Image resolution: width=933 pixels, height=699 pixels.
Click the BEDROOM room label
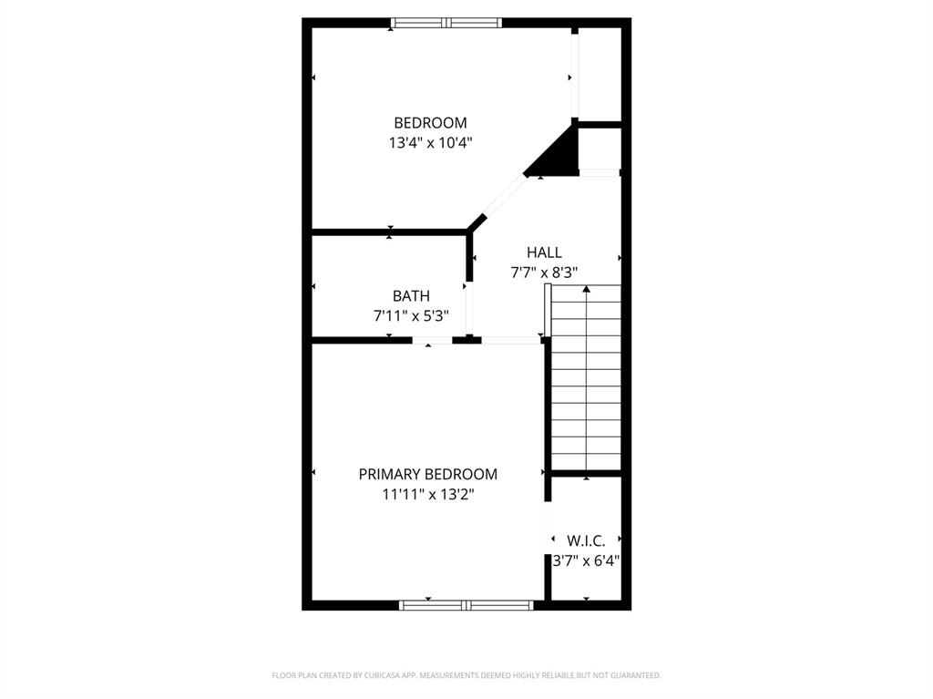(x=430, y=122)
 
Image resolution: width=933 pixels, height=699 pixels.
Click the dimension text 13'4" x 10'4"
(x=430, y=142)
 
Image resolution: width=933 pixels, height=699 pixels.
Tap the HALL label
(x=544, y=252)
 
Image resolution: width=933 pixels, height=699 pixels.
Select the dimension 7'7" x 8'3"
(x=544, y=272)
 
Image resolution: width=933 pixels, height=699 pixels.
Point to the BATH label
(x=411, y=296)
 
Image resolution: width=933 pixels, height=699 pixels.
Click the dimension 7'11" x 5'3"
(x=411, y=315)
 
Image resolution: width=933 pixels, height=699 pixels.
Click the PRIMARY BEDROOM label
(x=427, y=474)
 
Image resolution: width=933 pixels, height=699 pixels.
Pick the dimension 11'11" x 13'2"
(x=427, y=494)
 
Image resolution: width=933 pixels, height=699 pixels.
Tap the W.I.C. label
(x=586, y=540)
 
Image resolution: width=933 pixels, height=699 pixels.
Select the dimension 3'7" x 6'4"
(x=586, y=560)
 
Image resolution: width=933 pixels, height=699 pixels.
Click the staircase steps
(x=586, y=392)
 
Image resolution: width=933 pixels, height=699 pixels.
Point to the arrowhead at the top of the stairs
(x=586, y=290)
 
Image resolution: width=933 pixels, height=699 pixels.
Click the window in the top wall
(x=446, y=23)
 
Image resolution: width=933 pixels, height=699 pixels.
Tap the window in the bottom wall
(x=466, y=604)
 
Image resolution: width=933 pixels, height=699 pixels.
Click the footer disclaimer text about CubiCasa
(x=466, y=675)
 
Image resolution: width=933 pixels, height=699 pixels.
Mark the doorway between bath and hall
(x=469, y=308)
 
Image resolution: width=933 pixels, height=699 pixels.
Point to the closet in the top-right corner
(x=600, y=73)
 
